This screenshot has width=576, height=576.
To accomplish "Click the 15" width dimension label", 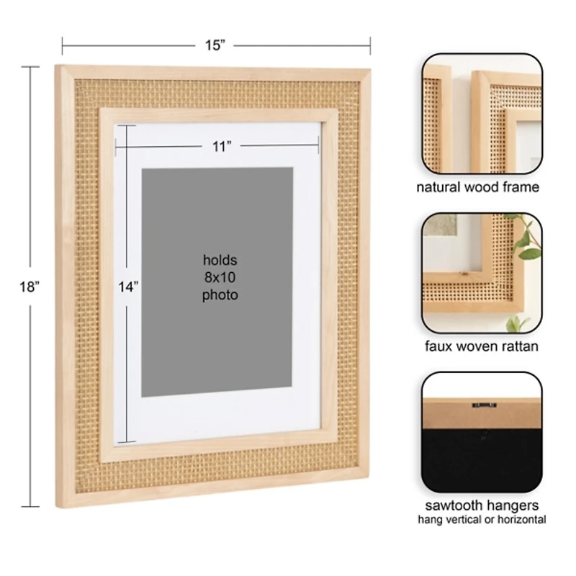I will pyautogui.click(x=215, y=45).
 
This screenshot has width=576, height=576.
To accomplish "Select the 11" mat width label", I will pyautogui.click(x=222, y=146).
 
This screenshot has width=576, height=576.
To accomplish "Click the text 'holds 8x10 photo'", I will pyautogui.click(x=220, y=277).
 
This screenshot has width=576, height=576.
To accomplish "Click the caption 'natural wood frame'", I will pyautogui.click(x=477, y=187).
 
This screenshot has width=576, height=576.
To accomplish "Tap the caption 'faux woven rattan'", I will pyautogui.click(x=481, y=346).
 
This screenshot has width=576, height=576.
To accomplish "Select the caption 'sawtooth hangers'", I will pyautogui.click(x=481, y=505).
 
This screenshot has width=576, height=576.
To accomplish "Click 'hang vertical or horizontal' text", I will pyautogui.click(x=481, y=520).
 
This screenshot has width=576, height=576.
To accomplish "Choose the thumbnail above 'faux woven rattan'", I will pyautogui.click(x=481, y=273).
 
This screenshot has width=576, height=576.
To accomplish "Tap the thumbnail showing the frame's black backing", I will pyautogui.click(x=481, y=432).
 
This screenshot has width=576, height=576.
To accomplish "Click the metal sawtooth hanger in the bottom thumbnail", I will pyautogui.click(x=484, y=405).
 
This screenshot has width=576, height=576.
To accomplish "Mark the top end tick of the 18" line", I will pyautogui.click(x=30, y=67).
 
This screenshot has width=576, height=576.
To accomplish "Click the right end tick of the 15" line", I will pyautogui.click(x=369, y=45).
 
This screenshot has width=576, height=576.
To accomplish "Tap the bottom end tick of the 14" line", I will pyautogui.click(x=127, y=441).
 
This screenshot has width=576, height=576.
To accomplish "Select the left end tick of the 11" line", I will pyautogui.click(x=115, y=146).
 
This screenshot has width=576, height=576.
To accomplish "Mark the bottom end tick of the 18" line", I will pyautogui.click(x=30, y=507).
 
